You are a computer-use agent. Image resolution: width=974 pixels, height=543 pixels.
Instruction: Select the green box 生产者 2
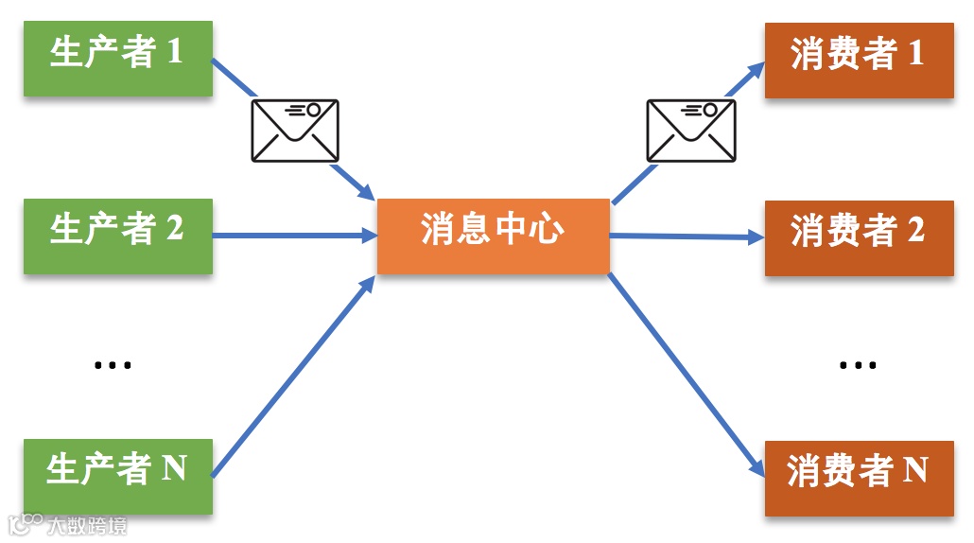tap(118, 236)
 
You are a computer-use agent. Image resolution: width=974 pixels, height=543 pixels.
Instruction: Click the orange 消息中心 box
tap(493, 236)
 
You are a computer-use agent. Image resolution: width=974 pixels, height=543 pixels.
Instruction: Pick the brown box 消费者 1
tap(859, 59)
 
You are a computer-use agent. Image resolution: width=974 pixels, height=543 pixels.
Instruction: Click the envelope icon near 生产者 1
tap(295, 130)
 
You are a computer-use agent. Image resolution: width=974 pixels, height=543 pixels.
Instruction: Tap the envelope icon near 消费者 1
tap(690, 130)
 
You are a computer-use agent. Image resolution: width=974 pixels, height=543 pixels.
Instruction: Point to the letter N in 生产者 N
tap(174, 468)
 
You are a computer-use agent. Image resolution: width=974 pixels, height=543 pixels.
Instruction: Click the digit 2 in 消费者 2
tap(915, 231)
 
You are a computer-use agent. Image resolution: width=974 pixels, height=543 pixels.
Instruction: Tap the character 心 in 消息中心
tap(546, 230)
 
